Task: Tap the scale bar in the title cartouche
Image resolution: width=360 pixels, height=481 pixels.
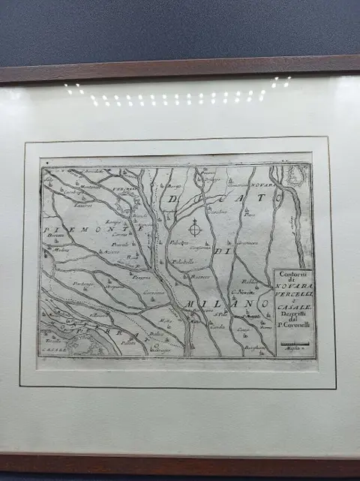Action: click(x=293, y=343)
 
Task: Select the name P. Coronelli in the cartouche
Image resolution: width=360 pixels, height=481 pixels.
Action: click(x=292, y=324)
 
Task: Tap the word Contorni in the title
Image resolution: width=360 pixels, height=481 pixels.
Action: click(x=292, y=273)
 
